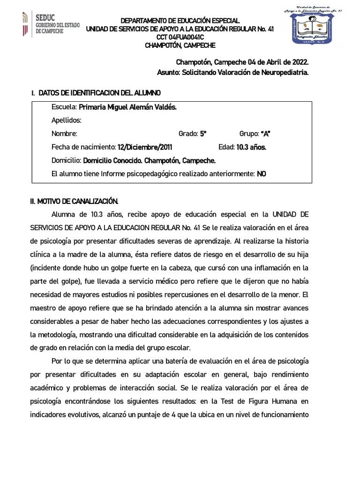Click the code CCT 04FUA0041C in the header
(x=180, y=37)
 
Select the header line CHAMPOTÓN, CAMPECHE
(x=180, y=45)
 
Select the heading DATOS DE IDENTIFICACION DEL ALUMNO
(x=100, y=93)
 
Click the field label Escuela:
(x=64, y=107)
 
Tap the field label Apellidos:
(x=67, y=120)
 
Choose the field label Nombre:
(x=64, y=134)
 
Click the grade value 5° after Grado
(x=203, y=134)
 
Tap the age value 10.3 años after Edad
(x=251, y=147)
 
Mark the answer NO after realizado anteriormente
(x=262, y=174)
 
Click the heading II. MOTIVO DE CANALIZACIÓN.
(x=75, y=201)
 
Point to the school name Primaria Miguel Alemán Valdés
(x=128, y=107)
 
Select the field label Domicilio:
(x=67, y=160)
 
